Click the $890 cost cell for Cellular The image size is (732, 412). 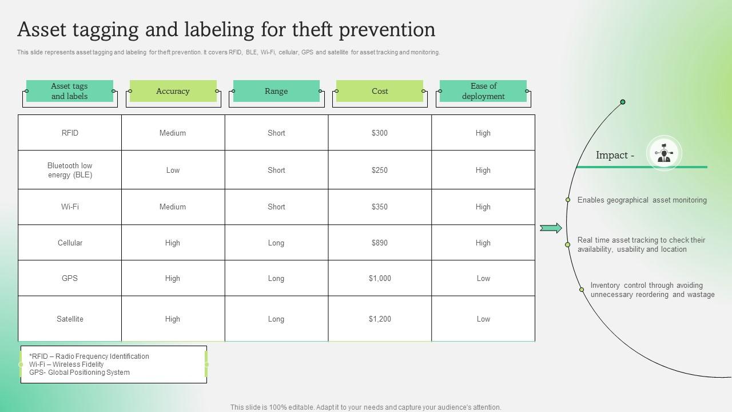(x=379, y=243)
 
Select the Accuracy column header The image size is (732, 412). (x=173, y=91)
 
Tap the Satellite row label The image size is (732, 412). (x=70, y=319)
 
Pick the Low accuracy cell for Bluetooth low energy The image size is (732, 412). (x=173, y=170)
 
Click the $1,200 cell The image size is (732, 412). (x=379, y=319)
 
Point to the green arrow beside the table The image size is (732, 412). (x=551, y=228)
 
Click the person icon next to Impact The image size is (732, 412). (x=664, y=153)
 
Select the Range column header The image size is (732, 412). (x=276, y=91)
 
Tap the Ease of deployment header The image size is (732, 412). (x=483, y=91)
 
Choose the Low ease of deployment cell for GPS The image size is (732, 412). (x=483, y=278)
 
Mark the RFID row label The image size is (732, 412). (x=70, y=133)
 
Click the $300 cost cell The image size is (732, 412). (x=379, y=133)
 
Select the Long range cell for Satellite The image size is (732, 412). (x=276, y=319)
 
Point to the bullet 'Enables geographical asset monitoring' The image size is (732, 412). (x=642, y=200)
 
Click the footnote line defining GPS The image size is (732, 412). (x=79, y=373)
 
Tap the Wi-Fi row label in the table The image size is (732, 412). (x=70, y=207)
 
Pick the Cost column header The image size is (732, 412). (x=380, y=91)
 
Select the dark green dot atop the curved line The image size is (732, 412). (x=623, y=102)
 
